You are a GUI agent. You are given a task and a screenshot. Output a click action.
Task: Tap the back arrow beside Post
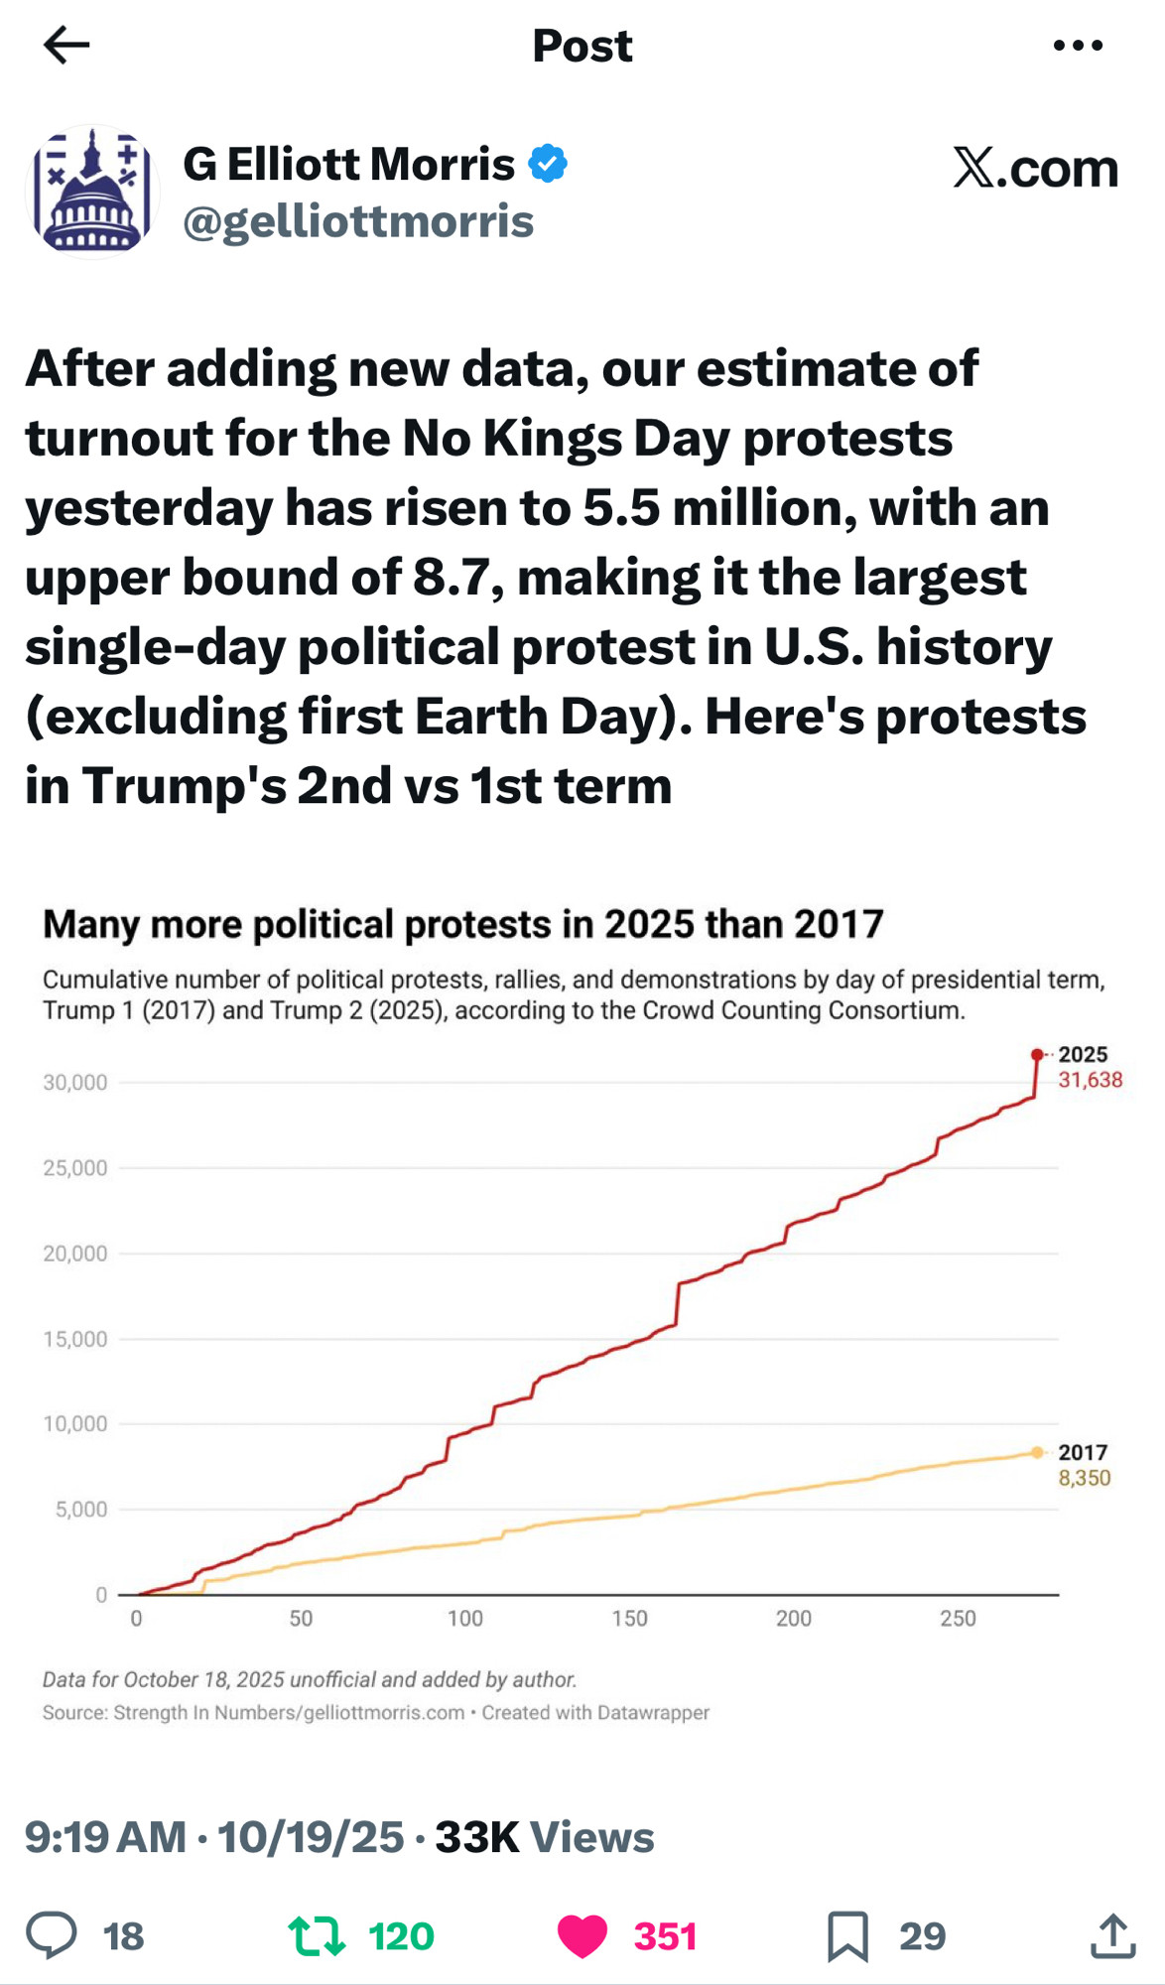coord(66,45)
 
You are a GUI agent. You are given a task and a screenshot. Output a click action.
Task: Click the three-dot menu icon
coord(1078,45)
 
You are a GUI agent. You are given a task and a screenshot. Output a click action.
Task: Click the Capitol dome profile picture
coord(92,192)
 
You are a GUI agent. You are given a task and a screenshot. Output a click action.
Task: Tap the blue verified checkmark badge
coord(548,164)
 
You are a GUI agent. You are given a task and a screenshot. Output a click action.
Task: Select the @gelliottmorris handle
coord(358,221)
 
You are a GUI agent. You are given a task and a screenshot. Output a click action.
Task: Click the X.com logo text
coord(1035,168)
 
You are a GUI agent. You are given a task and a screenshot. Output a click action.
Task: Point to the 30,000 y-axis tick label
coord(75,1083)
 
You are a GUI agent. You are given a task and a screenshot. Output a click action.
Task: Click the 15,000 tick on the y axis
coord(75,1339)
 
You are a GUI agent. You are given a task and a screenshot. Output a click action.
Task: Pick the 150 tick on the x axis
coord(629,1619)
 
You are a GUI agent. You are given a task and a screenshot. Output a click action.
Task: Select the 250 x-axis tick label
coord(958,1619)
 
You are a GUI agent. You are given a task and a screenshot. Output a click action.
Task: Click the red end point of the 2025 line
coord(1037,1054)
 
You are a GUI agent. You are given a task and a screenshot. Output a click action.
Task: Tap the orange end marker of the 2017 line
coord(1037,1452)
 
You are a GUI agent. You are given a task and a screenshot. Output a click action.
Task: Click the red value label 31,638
coord(1090,1080)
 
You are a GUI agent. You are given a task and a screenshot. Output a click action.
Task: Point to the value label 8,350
coord(1084,1478)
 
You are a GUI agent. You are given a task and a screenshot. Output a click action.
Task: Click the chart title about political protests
coord(462,924)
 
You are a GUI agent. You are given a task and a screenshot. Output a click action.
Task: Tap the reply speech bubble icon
coord(52,1934)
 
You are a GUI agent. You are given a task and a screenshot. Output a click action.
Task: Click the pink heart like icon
coord(582,1936)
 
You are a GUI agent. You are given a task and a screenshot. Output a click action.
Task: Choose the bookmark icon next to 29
coord(847,1936)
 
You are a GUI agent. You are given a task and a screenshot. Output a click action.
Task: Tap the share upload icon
coord(1112,1935)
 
